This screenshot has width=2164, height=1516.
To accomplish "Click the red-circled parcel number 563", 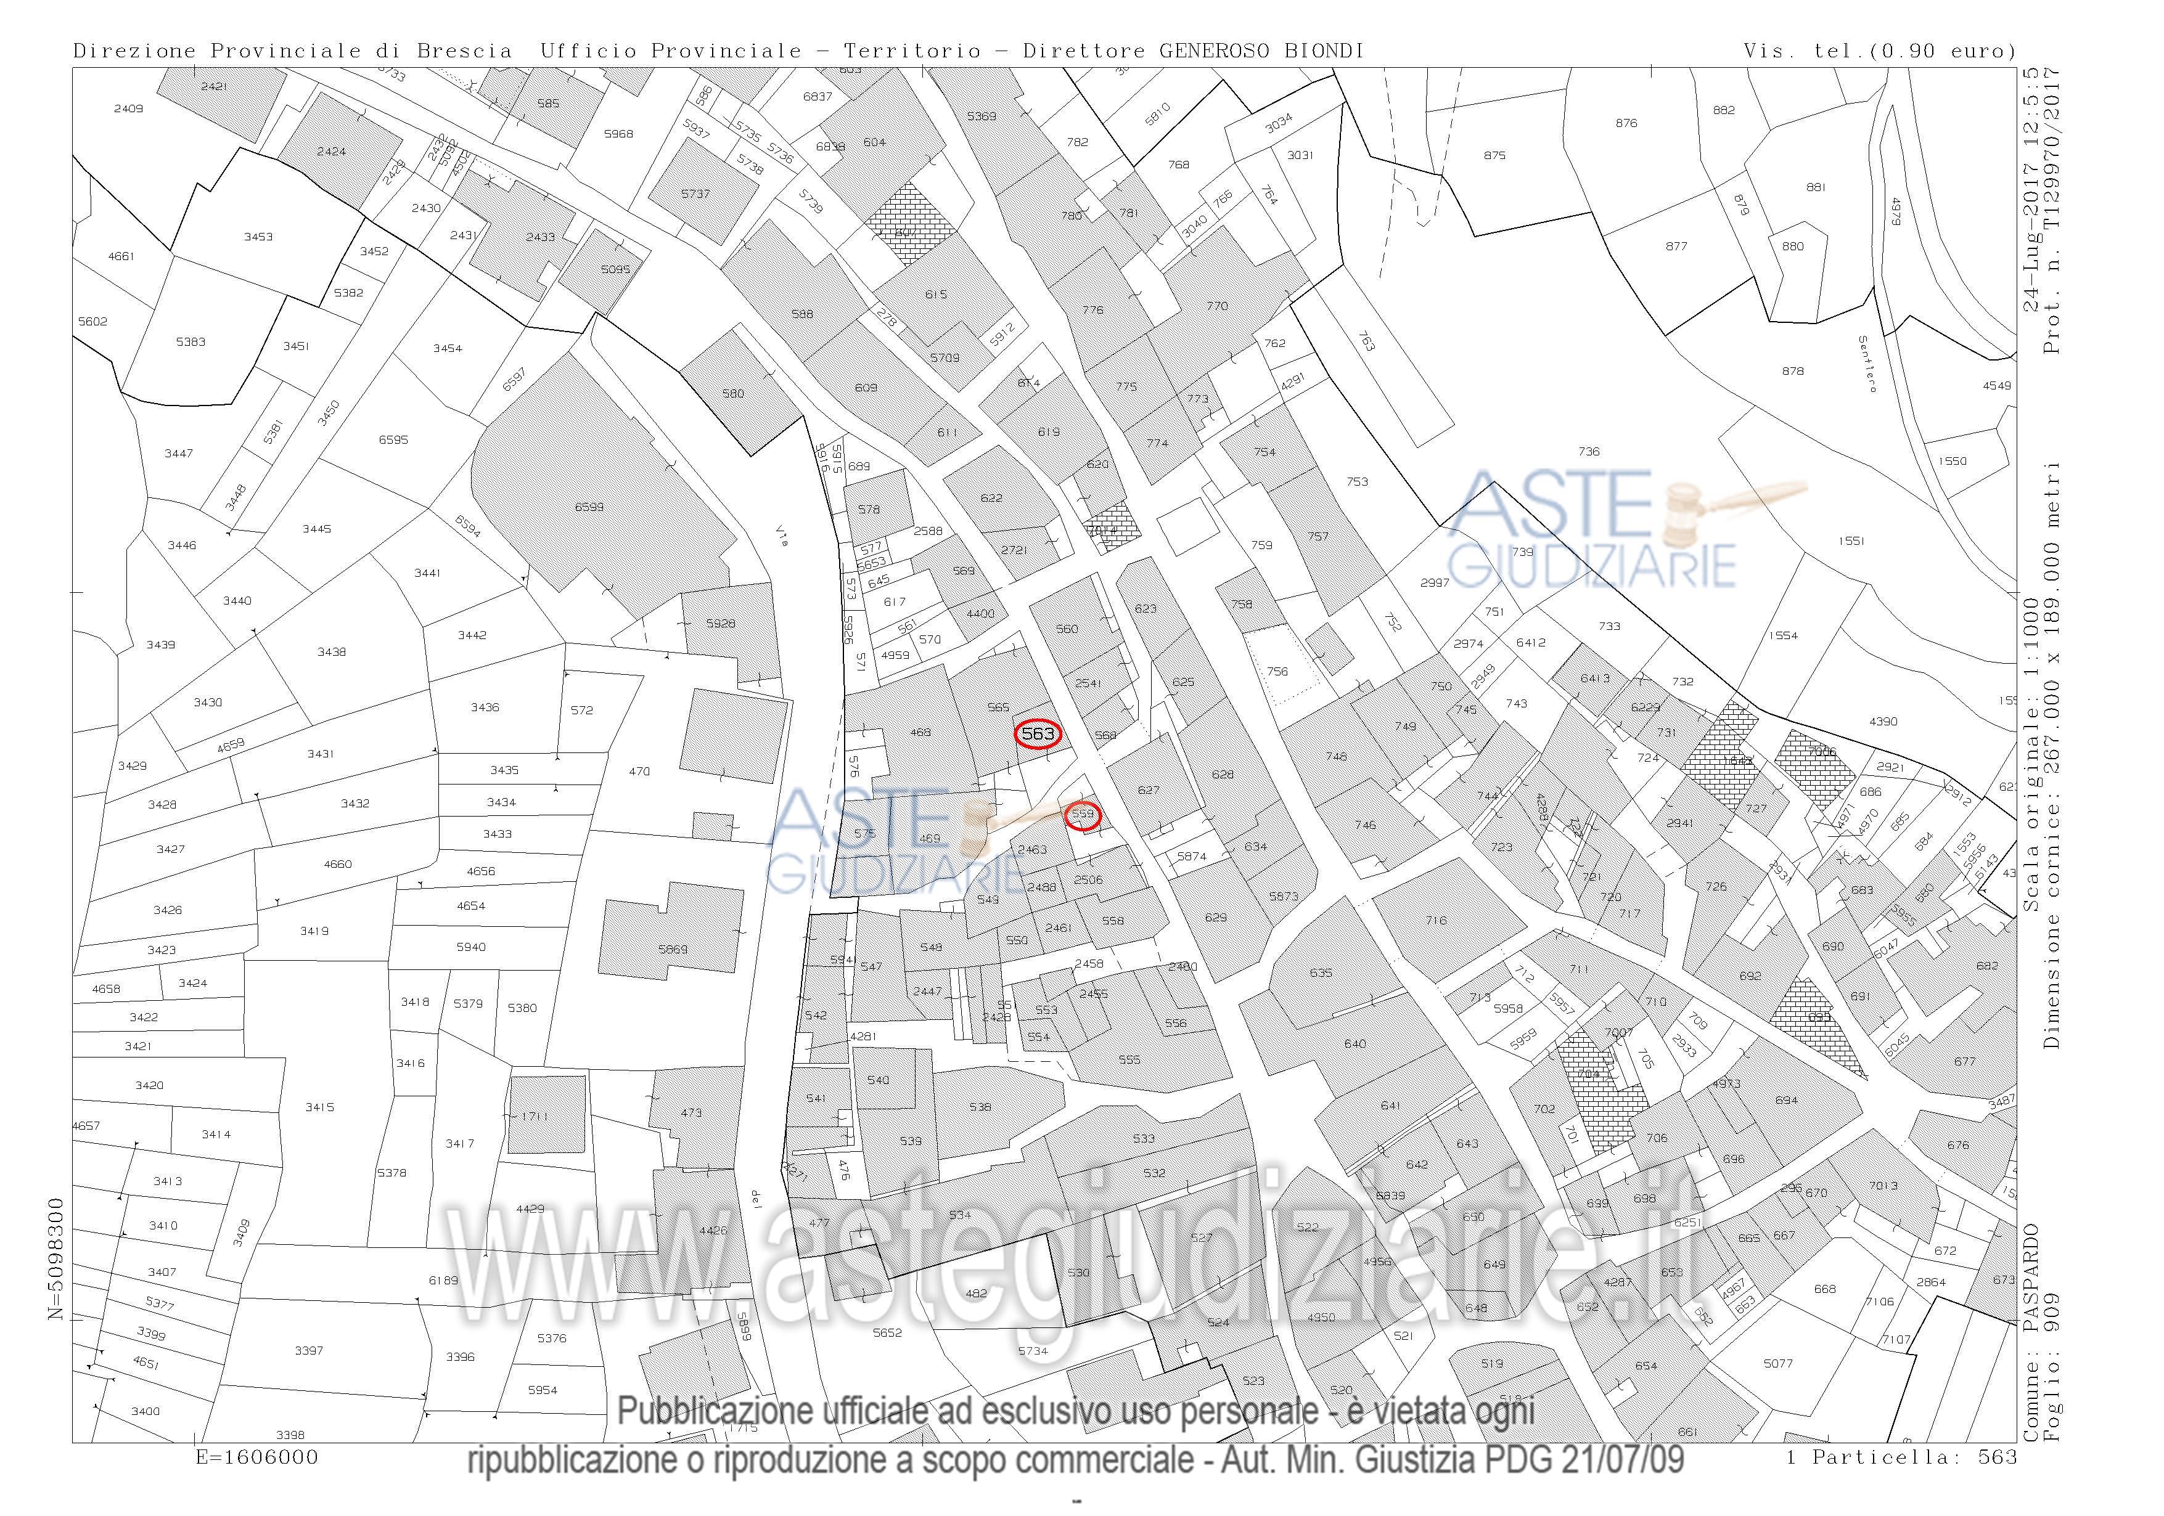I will (x=1038, y=734).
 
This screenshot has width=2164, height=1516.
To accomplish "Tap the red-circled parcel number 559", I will (x=1083, y=814).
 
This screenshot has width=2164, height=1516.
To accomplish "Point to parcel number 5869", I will (x=673, y=949).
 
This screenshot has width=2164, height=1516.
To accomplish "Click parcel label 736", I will (x=1589, y=451).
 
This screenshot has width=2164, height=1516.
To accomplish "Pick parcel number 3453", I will (x=258, y=237).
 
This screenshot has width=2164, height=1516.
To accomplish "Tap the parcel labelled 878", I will (x=1793, y=371).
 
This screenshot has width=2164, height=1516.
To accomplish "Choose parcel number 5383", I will (x=191, y=342).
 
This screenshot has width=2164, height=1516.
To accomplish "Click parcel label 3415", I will (x=319, y=1107).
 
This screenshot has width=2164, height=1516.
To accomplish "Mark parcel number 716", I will (x=1435, y=921).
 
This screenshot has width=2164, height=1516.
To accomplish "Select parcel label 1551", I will (x=1851, y=541).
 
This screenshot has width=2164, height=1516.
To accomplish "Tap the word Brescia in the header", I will (x=465, y=51).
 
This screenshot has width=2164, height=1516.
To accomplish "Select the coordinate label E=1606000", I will (x=256, y=1457).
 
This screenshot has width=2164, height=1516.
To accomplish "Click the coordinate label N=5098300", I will (x=57, y=1259).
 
